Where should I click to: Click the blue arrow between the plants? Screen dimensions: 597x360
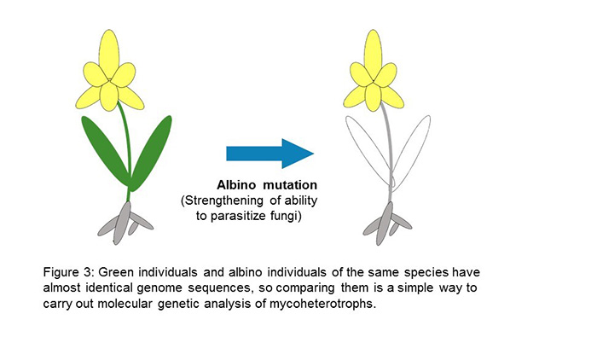click(270, 154)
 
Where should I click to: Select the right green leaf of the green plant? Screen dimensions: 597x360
click(151, 154)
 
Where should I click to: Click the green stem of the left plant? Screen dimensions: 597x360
click(127, 153)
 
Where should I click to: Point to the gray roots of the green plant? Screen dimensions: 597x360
click(125, 224)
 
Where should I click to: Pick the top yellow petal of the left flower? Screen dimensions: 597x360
click(109, 54)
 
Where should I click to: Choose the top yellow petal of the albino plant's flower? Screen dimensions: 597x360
click(374, 54)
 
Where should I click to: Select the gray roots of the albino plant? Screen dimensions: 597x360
click(387, 224)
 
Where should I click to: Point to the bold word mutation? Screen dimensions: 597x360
click(290, 185)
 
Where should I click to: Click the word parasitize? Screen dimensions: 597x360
click(238, 216)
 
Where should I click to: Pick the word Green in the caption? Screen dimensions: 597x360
click(116, 272)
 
